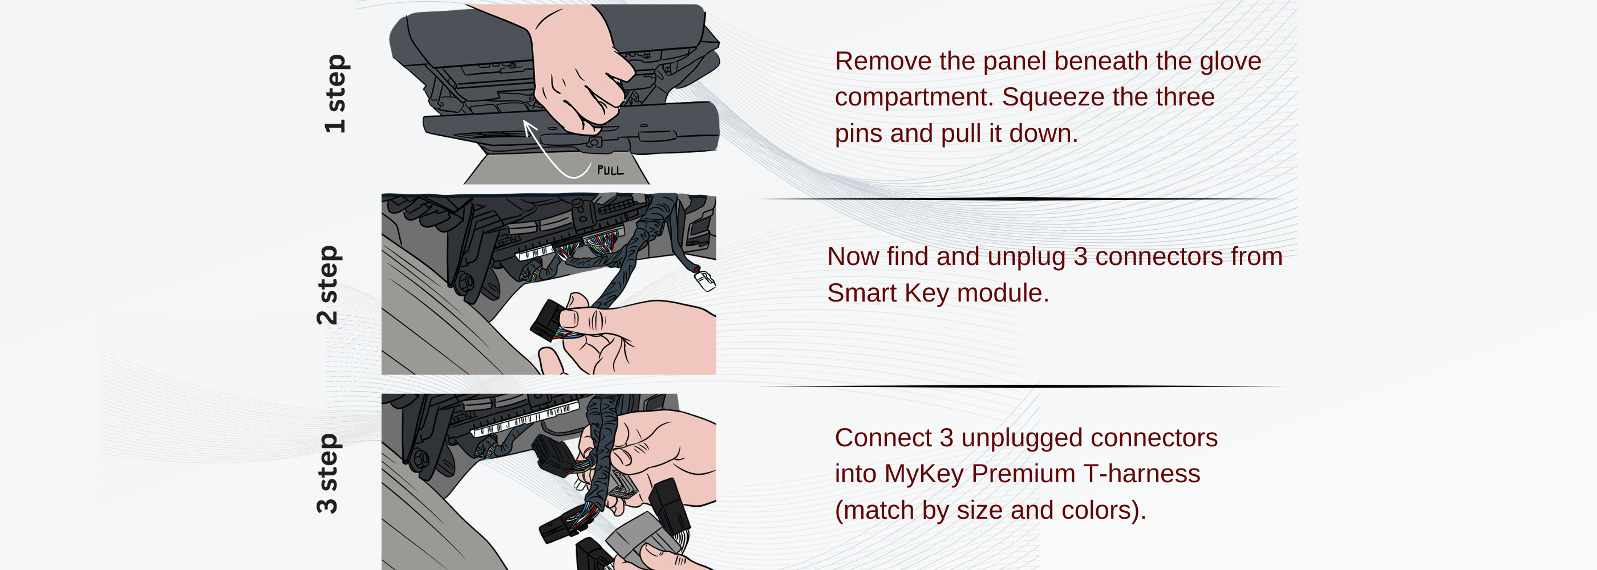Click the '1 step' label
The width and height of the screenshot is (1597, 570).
point(335,93)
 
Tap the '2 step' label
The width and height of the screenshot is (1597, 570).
point(328,285)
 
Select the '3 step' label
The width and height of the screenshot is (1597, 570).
point(328,473)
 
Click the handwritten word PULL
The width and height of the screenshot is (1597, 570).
point(610,170)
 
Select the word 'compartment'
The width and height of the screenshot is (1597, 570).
point(913,98)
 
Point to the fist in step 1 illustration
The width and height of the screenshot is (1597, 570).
point(579,74)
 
